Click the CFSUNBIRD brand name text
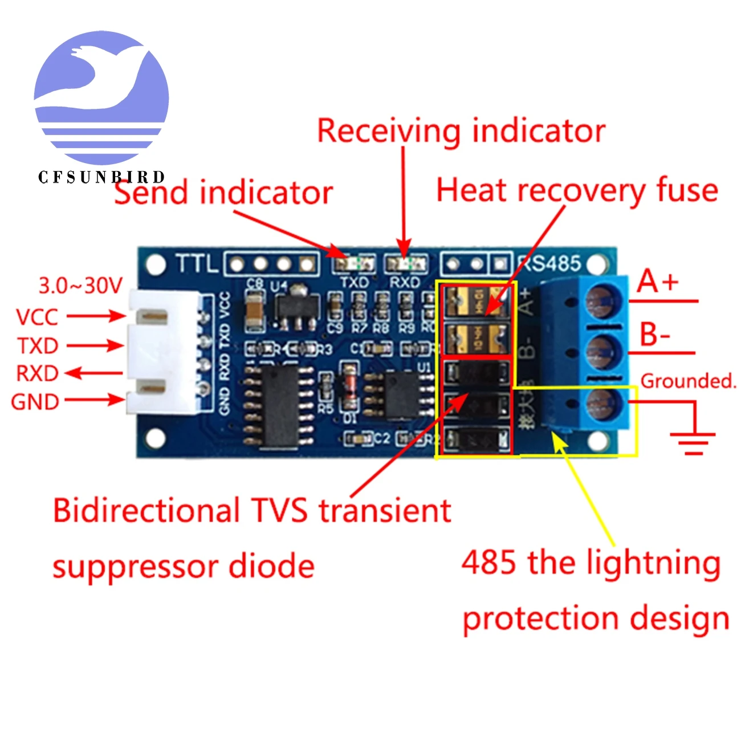[101, 177]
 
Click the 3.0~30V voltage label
[80, 286]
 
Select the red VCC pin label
[37, 317]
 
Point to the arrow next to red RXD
[93, 373]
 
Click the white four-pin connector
[162, 352]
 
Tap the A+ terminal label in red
[658, 282]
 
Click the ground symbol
[693, 442]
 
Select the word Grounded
[688, 381]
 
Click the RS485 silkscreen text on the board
[549, 263]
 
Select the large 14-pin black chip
[280, 405]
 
